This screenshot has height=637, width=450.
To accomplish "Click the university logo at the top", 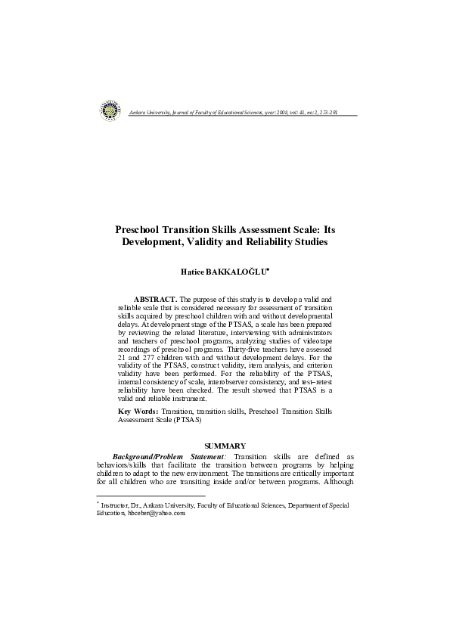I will coord(110,110).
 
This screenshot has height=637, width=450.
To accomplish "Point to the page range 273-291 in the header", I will coord(326,111).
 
